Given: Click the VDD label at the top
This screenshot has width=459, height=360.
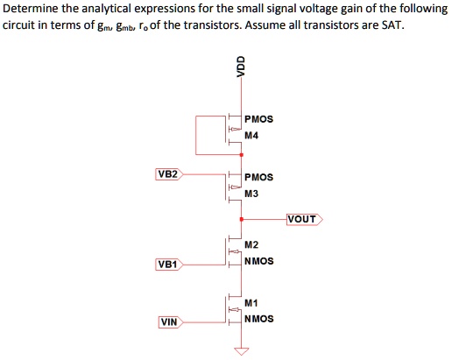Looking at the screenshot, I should click(241, 67).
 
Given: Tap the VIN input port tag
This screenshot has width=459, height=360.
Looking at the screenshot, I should click(169, 322).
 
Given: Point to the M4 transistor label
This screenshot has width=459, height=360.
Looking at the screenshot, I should click(252, 136).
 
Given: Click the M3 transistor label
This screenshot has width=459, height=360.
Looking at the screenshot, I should click(252, 194).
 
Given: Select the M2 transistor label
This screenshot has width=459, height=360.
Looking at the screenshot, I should click(252, 244).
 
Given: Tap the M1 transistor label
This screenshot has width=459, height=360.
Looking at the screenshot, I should click(252, 302).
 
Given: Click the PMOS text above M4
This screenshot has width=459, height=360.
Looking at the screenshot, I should click(259, 119).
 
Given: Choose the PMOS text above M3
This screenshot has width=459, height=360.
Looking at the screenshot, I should click(259, 177).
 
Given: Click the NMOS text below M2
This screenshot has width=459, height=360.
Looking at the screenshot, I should click(259, 261).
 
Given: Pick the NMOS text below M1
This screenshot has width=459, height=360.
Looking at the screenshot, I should click(259, 319).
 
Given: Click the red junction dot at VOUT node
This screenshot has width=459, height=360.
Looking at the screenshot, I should click(241, 219).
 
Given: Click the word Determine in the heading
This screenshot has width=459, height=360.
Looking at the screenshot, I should click(29, 8).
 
